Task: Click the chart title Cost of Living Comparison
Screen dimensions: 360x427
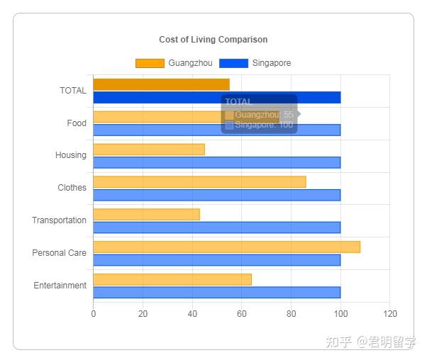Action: [x=213, y=40]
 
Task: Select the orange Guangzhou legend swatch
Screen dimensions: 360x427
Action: [x=149, y=63]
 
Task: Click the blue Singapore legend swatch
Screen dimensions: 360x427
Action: [x=233, y=63]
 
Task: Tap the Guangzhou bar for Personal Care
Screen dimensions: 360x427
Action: [x=226, y=247]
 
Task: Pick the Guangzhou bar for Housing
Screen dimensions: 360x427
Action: [x=149, y=150]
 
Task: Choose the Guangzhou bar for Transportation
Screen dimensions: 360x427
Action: [x=146, y=214]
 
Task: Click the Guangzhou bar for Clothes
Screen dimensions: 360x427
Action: [x=199, y=182]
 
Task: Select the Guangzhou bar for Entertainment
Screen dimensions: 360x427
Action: [x=172, y=279]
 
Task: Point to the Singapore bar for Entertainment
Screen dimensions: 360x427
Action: [x=216, y=292]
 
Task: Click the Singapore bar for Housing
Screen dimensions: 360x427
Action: [x=216, y=162]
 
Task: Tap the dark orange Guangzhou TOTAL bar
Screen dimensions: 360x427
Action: [x=161, y=84]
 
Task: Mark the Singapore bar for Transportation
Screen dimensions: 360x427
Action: [x=216, y=227]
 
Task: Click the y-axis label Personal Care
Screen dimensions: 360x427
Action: [x=59, y=253]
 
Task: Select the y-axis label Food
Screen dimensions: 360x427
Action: [x=77, y=123]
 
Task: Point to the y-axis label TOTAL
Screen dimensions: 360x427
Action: [x=73, y=91]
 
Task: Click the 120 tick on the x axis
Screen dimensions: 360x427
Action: [x=389, y=314]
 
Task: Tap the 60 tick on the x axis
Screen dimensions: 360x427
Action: [x=241, y=314]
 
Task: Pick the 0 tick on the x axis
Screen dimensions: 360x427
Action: [x=93, y=314]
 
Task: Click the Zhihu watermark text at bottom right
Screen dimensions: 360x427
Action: [x=370, y=342]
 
